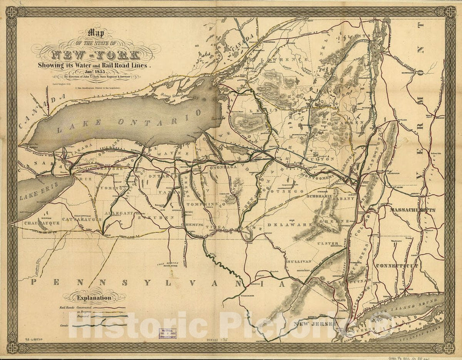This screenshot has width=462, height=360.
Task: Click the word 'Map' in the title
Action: tap(96, 32)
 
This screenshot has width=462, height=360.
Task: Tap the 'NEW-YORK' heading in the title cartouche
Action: tap(95, 55)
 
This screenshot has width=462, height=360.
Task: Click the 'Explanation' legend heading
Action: tap(94, 298)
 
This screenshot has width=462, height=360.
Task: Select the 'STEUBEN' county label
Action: tap(156, 218)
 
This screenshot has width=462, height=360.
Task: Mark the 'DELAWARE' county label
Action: tap(284, 224)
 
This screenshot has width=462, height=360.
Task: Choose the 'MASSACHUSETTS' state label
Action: tap(412, 210)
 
